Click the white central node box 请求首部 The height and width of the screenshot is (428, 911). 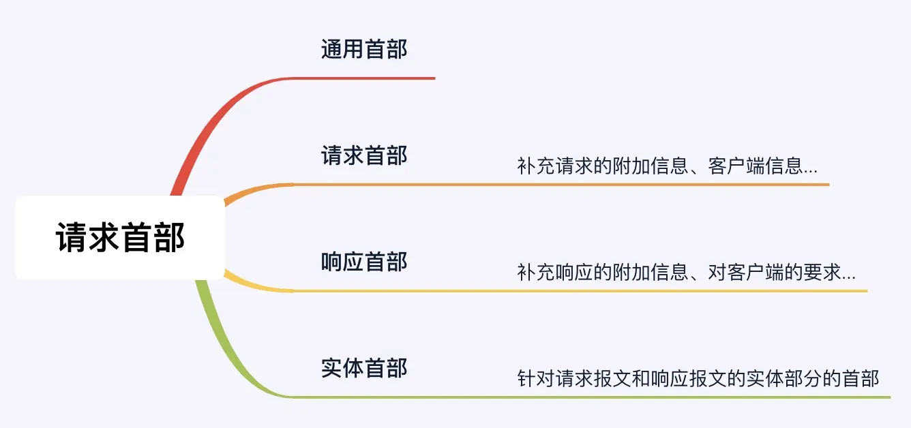[120, 238]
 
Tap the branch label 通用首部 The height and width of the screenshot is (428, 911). [364, 49]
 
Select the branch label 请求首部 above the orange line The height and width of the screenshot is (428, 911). [364, 155]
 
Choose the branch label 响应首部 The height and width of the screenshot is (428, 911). [364, 262]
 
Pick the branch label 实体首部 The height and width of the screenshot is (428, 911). [364, 368]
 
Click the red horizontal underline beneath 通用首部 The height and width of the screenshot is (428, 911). [368, 78]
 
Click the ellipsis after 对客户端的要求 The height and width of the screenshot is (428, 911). [849, 274]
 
